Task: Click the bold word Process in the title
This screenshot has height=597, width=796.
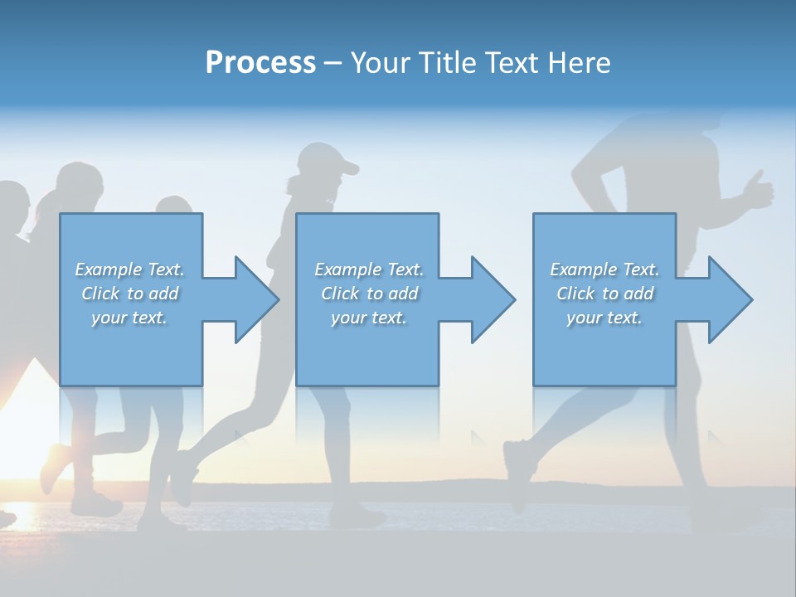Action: coord(260,63)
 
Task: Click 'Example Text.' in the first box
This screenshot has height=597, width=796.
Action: coord(129,269)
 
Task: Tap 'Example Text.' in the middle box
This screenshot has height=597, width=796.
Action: coord(369,269)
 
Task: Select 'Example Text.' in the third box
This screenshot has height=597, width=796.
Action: coord(604,269)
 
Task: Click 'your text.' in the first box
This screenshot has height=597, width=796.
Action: coord(129,318)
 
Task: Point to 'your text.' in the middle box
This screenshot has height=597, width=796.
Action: coord(369,318)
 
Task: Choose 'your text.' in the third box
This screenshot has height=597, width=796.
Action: coord(604,318)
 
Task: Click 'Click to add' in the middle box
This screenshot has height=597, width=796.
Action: coord(369,294)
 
